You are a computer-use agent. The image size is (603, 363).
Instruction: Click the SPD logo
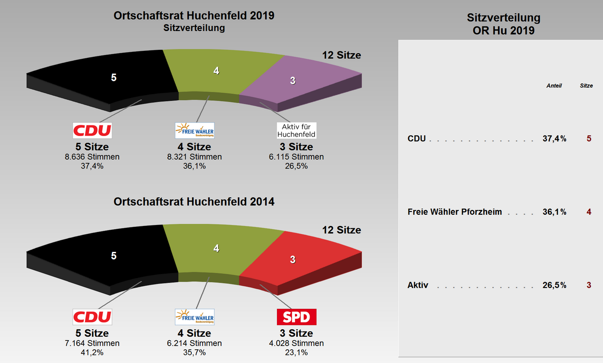[x=296, y=317]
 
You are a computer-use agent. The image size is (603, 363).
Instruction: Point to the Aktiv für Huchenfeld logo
[x=296, y=130]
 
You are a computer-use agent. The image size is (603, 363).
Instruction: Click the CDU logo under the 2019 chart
[x=92, y=130]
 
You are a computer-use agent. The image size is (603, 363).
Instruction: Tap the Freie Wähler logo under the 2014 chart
[x=195, y=317]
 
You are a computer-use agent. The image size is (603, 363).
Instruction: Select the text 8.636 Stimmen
[x=92, y=157]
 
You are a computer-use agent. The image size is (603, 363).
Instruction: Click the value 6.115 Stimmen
[x=296, y=157]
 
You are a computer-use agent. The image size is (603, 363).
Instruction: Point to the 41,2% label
[x=92, y=352]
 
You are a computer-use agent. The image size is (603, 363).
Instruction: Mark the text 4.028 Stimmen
[x=296, y=343]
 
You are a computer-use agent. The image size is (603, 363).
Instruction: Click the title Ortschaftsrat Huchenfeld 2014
[x=194, y=202]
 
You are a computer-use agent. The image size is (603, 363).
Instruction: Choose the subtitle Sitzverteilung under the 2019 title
[x=194, y=28]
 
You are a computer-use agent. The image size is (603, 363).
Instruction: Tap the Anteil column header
[x=554, y=86]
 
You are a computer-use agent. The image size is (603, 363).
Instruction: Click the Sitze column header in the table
[x=586, y=86]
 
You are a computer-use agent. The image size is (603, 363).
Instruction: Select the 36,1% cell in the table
[x=554, y=212]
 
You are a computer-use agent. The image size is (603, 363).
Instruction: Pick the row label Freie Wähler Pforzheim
[x=455, y=212]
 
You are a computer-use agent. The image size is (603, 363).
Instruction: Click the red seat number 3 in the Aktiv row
[x=588, y=285]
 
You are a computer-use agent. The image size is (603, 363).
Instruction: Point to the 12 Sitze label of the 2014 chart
[x=342, y=230]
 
